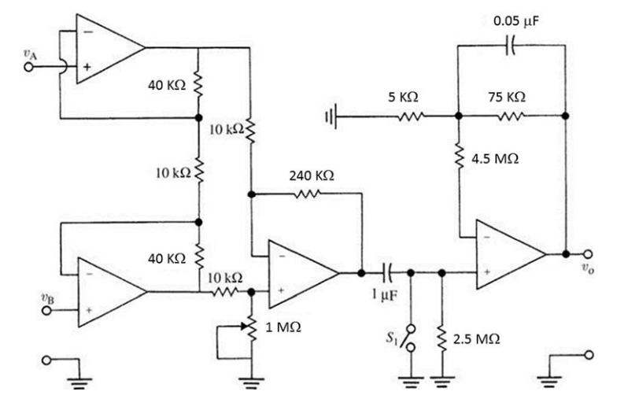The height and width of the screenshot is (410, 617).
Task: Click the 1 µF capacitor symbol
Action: click(386, 273)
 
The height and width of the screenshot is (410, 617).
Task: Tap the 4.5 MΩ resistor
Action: click(458, 156)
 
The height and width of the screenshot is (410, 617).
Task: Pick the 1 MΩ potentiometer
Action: click(251, 325)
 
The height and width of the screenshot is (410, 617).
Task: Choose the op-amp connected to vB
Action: click(109, 292)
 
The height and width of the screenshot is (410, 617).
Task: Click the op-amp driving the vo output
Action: click(507, 253)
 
